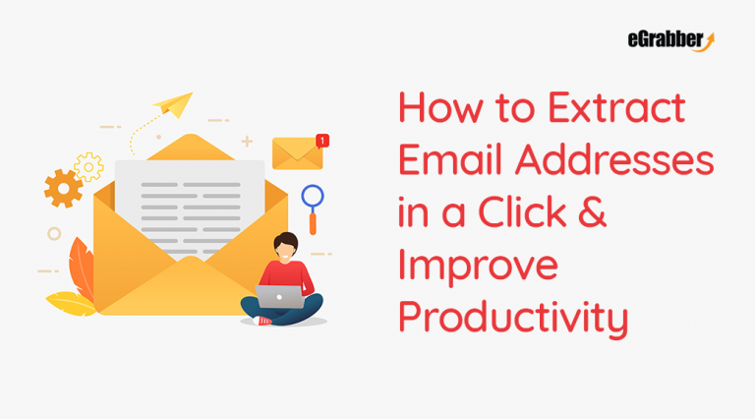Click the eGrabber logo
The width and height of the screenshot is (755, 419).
click(x=670, y=40)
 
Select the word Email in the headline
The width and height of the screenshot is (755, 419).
click(x=446, y=159)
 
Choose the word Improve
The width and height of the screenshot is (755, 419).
click(x=477, y=267)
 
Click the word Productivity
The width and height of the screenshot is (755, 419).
click(x=512, y=320)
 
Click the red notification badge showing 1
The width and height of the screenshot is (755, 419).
click(x=323, y=141)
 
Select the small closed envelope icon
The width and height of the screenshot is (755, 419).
click(x=297, y=152)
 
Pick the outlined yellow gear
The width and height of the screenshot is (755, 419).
click(x=89, y=166)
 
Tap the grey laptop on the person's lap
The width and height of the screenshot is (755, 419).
click(x=280, y=296)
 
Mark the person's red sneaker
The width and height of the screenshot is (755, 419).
click(x=263, y=321)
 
